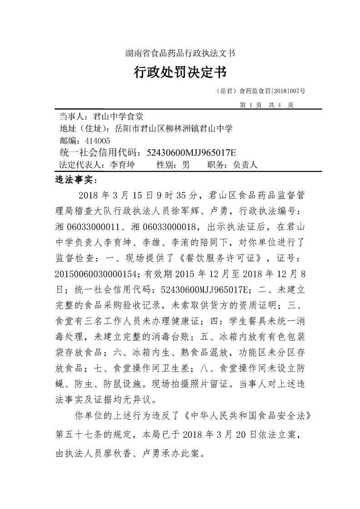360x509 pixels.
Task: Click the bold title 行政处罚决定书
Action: [x=180, y=72]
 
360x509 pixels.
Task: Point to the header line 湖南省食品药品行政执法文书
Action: [x=180, y=53]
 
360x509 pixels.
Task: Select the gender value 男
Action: [x=185, y=165]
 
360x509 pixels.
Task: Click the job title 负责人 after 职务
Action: [x=245, y=165]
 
